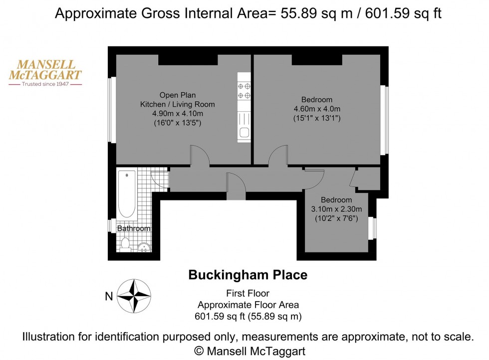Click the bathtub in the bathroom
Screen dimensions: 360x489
[x=127, y=194]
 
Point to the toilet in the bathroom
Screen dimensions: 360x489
[x=125, y=244]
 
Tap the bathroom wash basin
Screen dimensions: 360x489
[x=144, y=246]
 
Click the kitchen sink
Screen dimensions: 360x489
[x=244, y=133]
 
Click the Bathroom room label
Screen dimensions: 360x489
[x=134, y=228]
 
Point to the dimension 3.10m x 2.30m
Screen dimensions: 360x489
[x=336, y=209]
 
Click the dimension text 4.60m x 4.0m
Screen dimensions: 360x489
[x=317, y=109]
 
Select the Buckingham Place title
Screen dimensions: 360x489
[x=247, y=274]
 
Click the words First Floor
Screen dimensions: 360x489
[x=247, y=294]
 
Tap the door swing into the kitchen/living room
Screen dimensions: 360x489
[x=200, y=155]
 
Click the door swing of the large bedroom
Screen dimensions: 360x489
[x=277, y=155]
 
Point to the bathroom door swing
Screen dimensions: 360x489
[x=159, y=178]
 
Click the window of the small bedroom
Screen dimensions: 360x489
[x=372, y=228]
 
